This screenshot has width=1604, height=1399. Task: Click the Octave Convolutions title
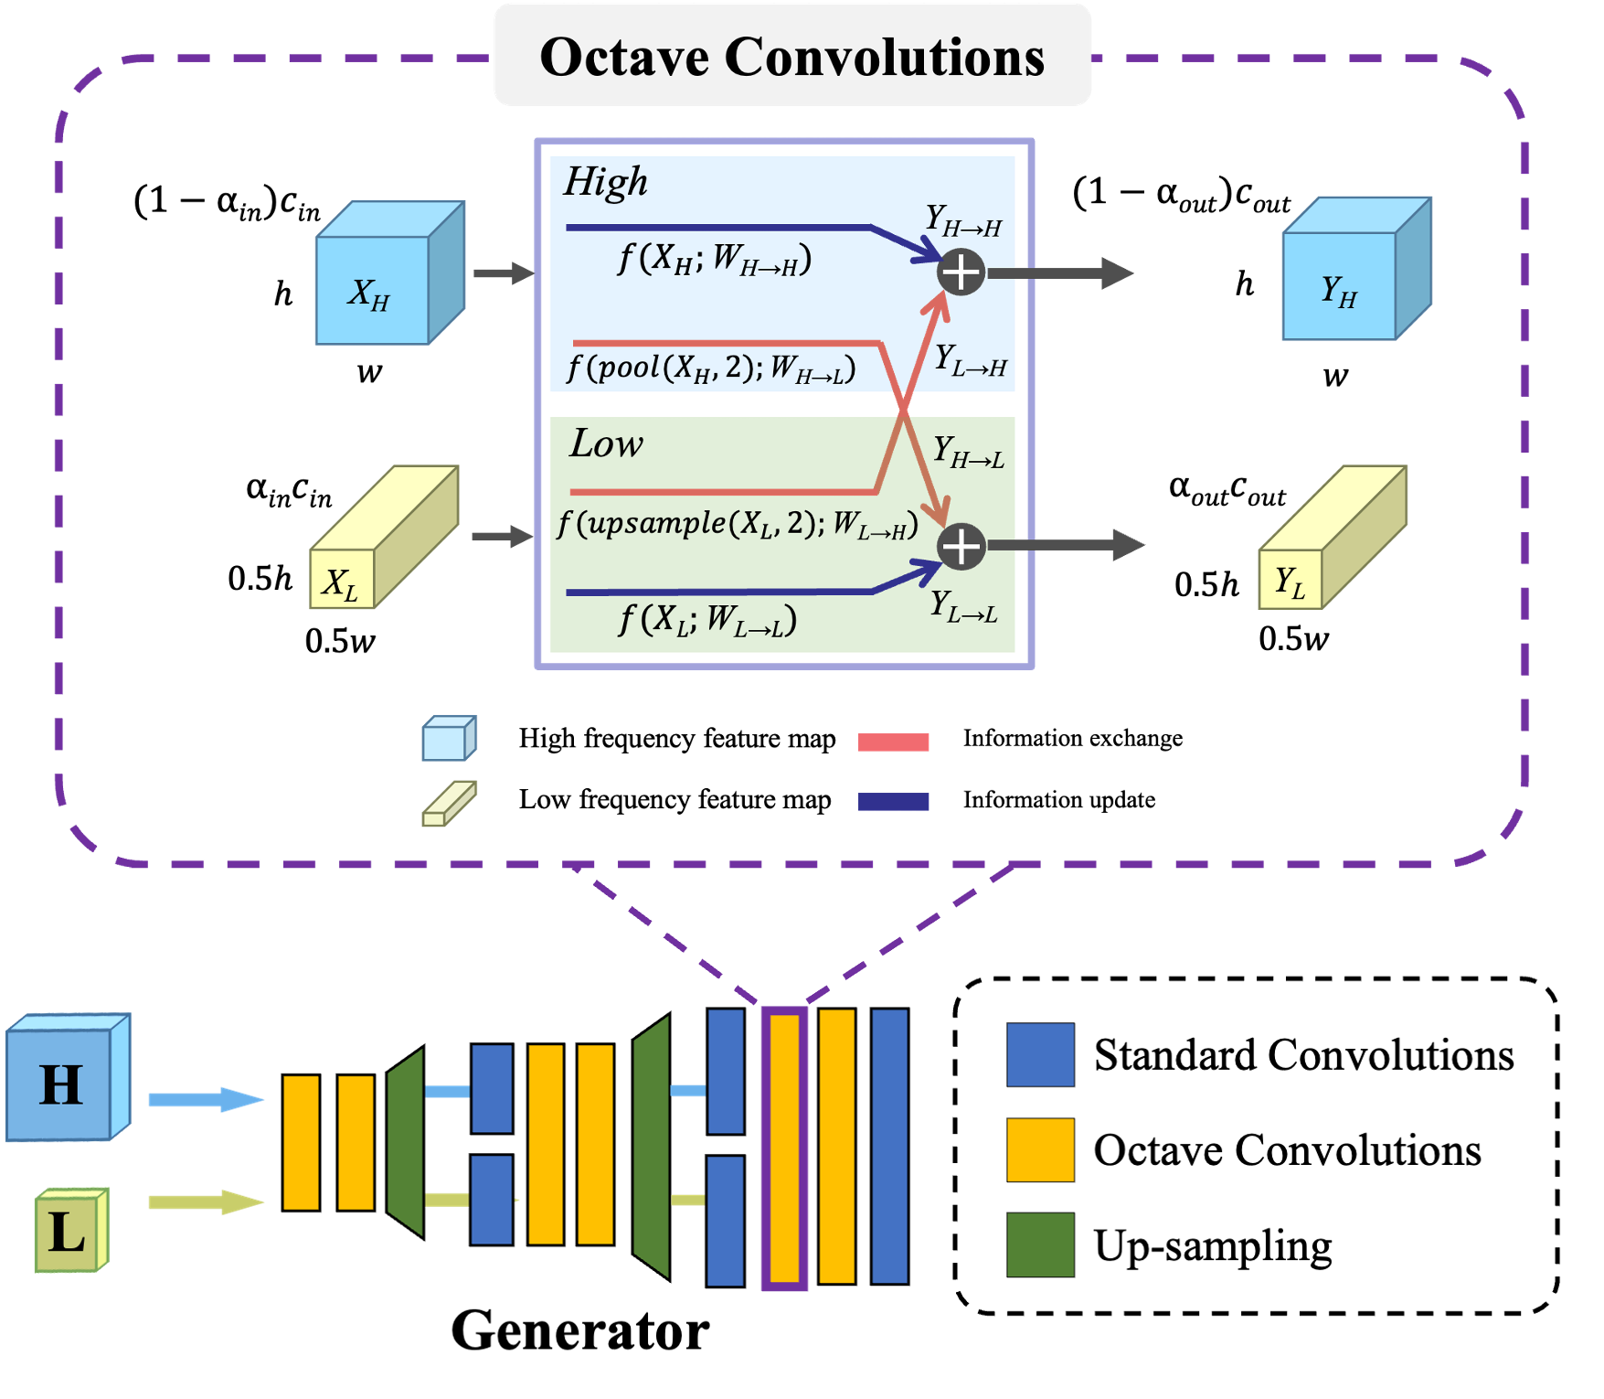pyautogui.click(x=791, y=57)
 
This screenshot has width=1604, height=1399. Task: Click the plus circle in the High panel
pyautogui.click(x=961, y=272)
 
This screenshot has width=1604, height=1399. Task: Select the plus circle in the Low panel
pyautogui.click(x=961, y=547)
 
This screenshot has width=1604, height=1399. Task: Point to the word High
pyautogui.click(x=605, y=181)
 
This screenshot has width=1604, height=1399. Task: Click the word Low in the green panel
pyautogui.click(x=606, y=443)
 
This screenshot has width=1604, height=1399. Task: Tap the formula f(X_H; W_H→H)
pyautogui.click(x=714, y=259)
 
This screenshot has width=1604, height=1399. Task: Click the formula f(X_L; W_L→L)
pyautogui.click(x=707, y=620)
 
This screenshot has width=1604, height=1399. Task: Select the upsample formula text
pyautogui.click(x=737, y=524)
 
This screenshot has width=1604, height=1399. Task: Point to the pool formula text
pyautogui.click(x=711, y=367)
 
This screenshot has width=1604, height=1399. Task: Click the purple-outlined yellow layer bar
pyautogui.click(x=784, y=1148)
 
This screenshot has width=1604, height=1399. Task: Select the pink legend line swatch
pyautogui.click(x=893, y=742)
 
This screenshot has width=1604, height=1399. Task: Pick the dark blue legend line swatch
pyautogui.click(x=893, y=802)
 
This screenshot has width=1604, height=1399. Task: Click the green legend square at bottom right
pyautogui.click(x=1040, y=1244)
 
